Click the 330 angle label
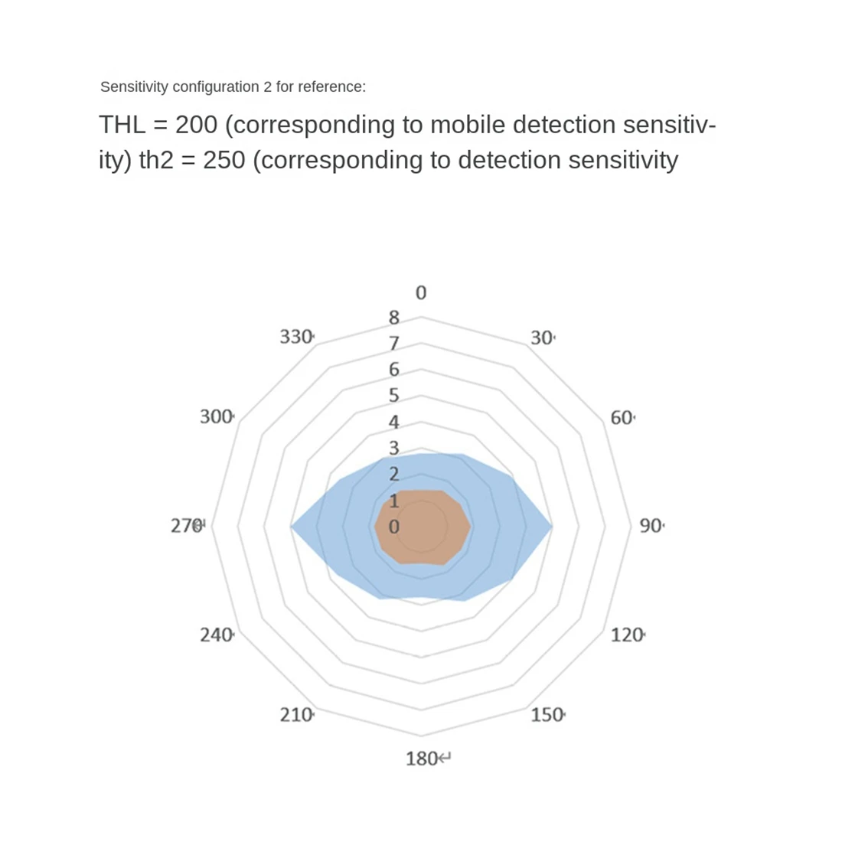click(295, 337)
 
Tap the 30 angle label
click(541, 338)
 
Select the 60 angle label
click(622, 418)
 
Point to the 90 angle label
click(651, 526)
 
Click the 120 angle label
click(627, 635)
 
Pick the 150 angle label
click(547, 715)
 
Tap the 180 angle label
click(422, 759)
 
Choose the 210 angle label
click(295, 715)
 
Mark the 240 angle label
click(216, 635)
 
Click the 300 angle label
click(216, 416)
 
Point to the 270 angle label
click(186, 526)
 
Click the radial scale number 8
click(394, 317)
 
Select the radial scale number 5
click(394, 396)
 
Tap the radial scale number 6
click(394, 369)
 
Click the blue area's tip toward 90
click(548, 527)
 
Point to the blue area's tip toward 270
click(295, 527)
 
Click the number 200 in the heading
click(196, 125)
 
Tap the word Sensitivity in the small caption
click(134, 87)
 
